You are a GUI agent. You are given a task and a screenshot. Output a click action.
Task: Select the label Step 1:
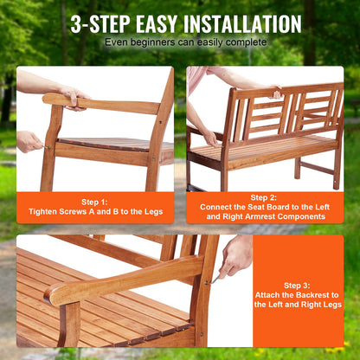coord(94,200)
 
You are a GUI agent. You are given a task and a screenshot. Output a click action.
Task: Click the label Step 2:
coord(264,197)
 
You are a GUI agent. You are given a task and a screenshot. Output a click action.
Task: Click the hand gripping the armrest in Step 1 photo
coord(73,96)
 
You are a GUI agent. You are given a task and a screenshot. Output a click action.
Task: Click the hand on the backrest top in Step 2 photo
coord(274,89)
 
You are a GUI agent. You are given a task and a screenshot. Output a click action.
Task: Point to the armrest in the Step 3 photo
coord(121,279)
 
